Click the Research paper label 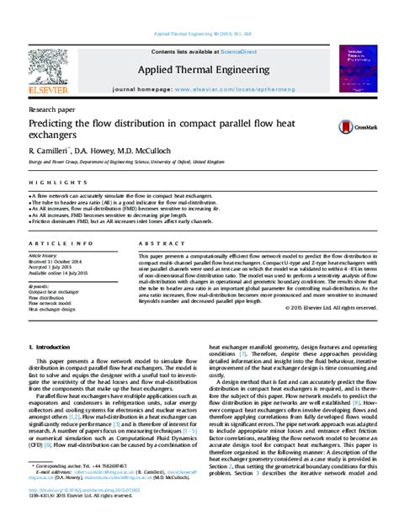[x=51, y=110]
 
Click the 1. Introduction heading [x=54, y=346]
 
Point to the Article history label [x=43, y=254]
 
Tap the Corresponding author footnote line [x=93, y=488]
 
